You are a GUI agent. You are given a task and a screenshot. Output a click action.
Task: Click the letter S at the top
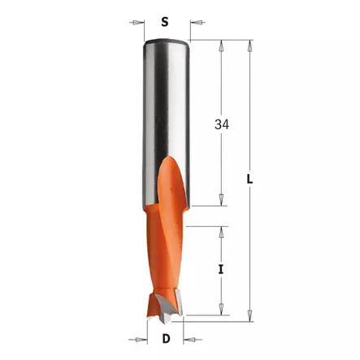coord(165,23)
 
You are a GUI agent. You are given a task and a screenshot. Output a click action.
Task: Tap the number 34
coord(221,126)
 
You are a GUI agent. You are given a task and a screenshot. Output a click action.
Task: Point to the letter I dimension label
coord(221,269)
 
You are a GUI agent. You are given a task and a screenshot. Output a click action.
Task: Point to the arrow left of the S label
coord(136,23)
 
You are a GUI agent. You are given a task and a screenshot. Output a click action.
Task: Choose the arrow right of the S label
coord(195,23)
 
